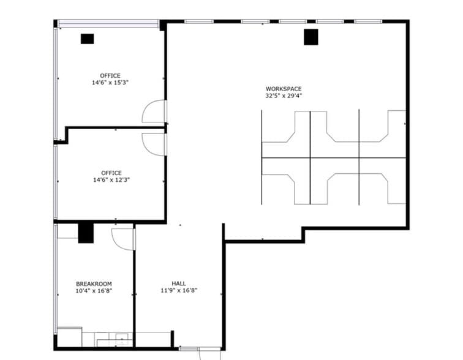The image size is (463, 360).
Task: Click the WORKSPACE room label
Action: pyautogui.click(x=283, y=89)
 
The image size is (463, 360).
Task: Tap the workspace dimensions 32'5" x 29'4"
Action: pyautogui.click(x=283, y=96)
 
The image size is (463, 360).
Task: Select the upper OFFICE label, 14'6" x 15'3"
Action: pyautogui.click(x=110, y=76)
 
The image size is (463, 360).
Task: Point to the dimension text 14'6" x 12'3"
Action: pyautogui.click(x=111, y=180)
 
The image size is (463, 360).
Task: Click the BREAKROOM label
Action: pyautogui.click(x=94, y=283)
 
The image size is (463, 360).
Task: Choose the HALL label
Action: pyautogui.click(x=179, y=283)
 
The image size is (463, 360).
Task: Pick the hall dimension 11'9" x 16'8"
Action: pyautogui.click(x=179, y=291)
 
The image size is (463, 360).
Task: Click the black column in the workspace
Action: pyautogui.click(x=311, y=37)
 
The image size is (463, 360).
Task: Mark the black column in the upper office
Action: pyautogui.click(x=87, y=39)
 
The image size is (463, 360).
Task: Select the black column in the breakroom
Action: pyautogui.click(x=85, y=233)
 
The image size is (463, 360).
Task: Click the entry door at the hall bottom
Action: pyautogui.click(x=200, y=350)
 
